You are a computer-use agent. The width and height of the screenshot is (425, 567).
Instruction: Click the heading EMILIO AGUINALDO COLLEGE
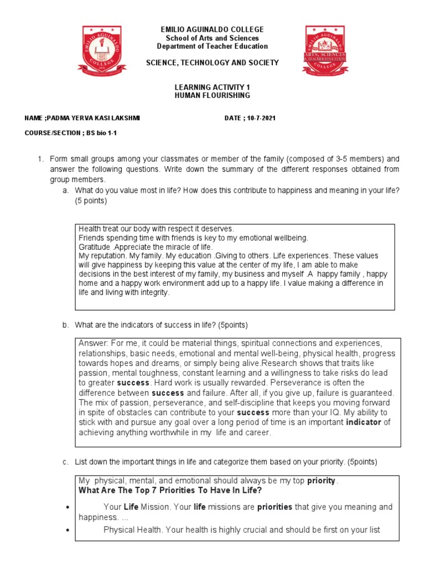click(204, 29)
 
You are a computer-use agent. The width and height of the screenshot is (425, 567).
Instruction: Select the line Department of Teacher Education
click(204, 47)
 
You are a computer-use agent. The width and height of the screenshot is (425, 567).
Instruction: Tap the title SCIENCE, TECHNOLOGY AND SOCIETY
click(204, 63)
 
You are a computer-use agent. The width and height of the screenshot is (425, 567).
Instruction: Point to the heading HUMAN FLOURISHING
click(204, 96)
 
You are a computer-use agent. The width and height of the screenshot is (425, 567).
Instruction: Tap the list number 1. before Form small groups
click(40, 159)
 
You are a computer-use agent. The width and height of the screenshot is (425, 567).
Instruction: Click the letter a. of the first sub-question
click(66, 190)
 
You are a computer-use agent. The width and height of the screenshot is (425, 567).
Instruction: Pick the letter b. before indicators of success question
click(66, 324)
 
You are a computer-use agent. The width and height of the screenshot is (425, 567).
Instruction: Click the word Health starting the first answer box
click(90, 229)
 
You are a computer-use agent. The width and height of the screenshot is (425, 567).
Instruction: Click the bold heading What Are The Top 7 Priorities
click(170, 490)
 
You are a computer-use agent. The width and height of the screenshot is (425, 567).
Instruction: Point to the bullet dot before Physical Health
click(66, 530)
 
